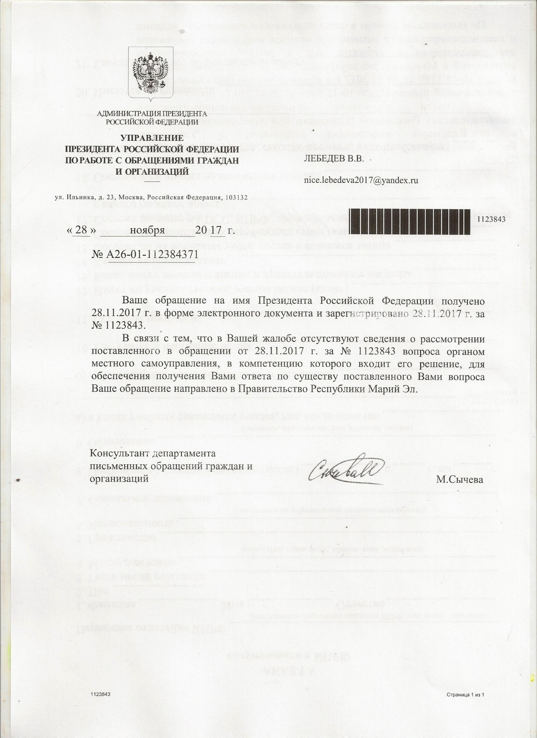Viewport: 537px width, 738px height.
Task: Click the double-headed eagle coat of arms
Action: pos(150,73)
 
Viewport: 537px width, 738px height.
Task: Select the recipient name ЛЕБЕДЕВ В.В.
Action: pos(334,158)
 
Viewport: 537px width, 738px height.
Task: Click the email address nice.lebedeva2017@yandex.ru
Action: pos(361,180)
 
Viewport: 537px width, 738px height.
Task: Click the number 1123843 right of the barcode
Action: pos(491,219)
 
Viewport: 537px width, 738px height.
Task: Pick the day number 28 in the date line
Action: pos(81,230)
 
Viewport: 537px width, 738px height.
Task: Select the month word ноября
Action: pos(147,230)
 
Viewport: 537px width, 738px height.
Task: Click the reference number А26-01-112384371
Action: pos(153,255)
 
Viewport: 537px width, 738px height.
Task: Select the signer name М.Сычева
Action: pos(460,479)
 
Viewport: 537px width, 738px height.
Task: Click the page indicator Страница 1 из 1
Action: pos(466,695)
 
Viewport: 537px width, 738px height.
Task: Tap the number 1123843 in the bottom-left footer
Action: pos(100,695)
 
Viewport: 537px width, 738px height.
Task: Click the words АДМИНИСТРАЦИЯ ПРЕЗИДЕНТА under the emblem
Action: pos(152,113)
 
